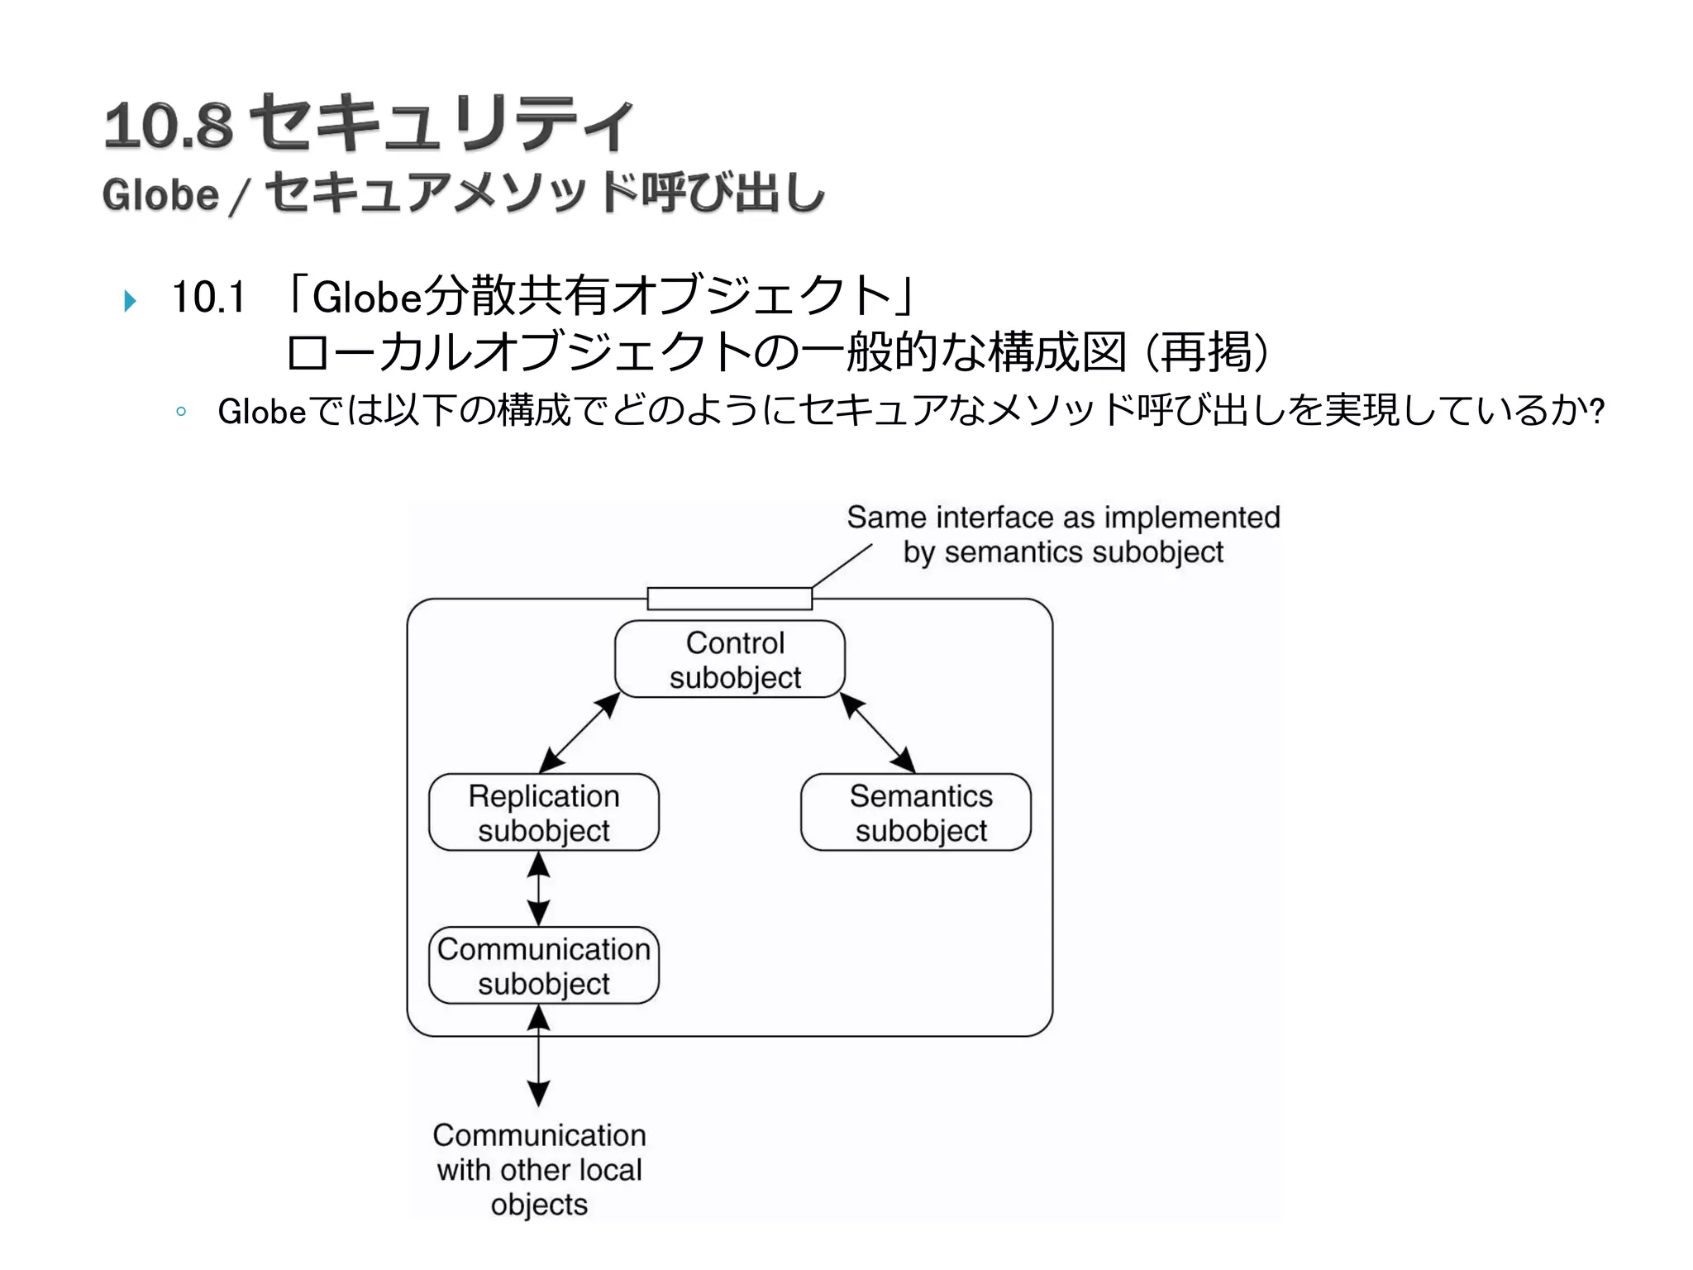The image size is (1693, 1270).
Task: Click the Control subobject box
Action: click(730, 659)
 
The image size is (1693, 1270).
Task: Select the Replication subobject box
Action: click(543, 812)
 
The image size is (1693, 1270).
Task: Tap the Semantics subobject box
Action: click(915, 812)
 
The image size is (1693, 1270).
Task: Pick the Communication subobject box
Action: click(543, 965)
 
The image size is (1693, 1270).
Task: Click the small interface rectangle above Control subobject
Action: click(729, 598)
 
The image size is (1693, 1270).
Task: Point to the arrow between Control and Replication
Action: click(579, 733)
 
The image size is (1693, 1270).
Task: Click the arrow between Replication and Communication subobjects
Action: click(539, 889)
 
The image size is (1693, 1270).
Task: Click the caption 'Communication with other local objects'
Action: click(539, 1169)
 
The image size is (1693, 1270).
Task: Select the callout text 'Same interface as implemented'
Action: click(1063, 518)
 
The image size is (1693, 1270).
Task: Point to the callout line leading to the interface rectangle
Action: click(842, 566)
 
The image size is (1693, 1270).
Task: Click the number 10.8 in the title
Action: click(169, 126)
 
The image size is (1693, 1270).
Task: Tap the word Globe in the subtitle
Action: click(160, 195)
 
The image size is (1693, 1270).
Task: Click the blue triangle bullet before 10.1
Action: click(130, 300)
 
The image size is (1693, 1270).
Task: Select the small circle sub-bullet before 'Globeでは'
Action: click(181, 411)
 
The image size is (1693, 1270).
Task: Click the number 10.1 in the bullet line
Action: click(208, 297)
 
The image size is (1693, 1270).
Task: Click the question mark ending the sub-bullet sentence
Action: click(1597, 410)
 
